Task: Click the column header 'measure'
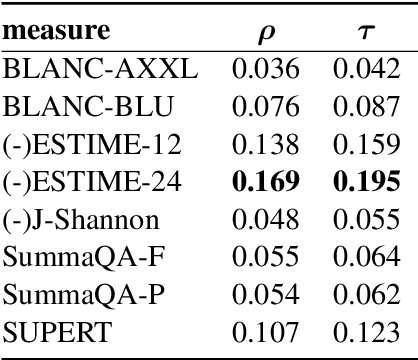pyautogui.click(x=57, y=34)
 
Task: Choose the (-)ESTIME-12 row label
pyautogui.click(x=91, y=146)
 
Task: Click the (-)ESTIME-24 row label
pyautogui.click(x=92, y=183)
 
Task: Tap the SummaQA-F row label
pyautogui.click(x=79, y=258)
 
